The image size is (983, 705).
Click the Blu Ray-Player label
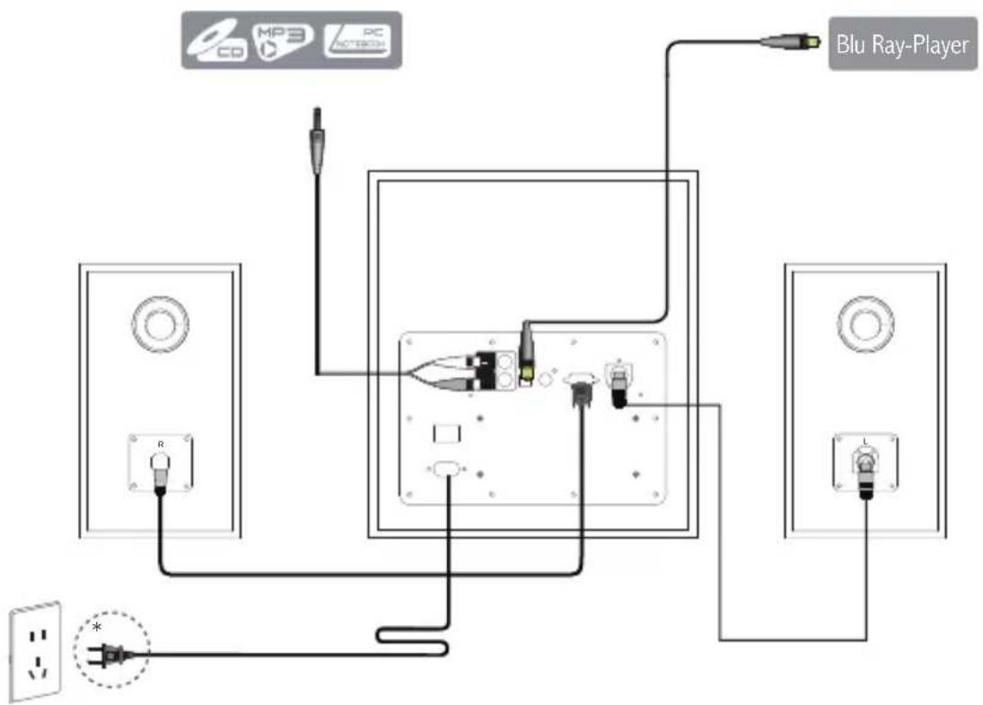pos(902,44)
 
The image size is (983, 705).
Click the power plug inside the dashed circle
pos(112,652)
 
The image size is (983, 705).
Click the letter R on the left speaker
pos(160,445)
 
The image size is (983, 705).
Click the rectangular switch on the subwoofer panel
pos(447,433)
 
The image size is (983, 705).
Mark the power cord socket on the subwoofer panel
pos(446,470)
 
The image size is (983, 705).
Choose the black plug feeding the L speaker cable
pos(619,393)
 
